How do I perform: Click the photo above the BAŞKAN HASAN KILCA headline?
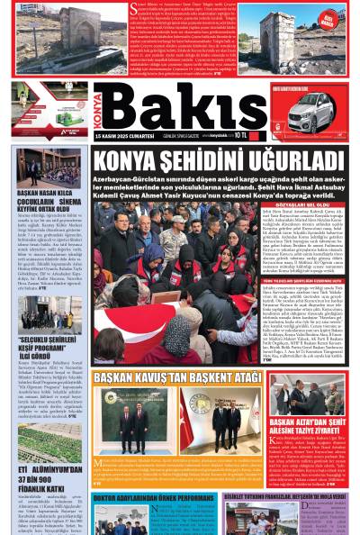coord(40,167)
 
